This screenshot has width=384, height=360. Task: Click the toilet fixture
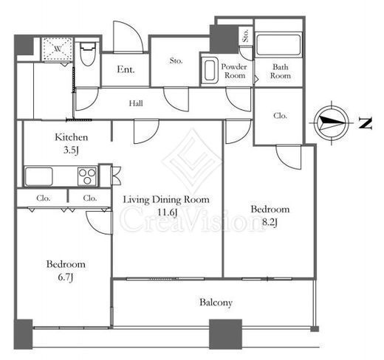click(x=88, y=54)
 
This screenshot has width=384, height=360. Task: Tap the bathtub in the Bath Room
click(x=278, y=45)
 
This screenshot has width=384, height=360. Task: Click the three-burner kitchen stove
click(x=87, y=176)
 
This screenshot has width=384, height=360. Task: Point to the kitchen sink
click(x=38, y=176)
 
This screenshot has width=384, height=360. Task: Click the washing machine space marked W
click(x=58, y=49)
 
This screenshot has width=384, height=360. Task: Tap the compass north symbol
click(x=332, y=122)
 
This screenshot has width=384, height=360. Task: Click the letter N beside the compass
click(x=366, y=123)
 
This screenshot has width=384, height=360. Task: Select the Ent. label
click(x=126, y=69)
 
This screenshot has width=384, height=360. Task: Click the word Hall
click(x=136, y=103)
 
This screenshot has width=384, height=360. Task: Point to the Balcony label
click(x=216, y=302)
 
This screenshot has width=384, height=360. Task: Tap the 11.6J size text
click(x=167, y=212)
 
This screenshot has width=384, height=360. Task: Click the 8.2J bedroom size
click(x=270, y=222)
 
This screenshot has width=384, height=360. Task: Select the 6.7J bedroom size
click(x=66, y=277)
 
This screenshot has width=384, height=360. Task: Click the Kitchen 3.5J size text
click(x=71, y=150)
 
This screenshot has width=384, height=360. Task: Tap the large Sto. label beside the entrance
click(x=176, y=60)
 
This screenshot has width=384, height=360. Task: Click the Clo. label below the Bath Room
click(x=280, y=116)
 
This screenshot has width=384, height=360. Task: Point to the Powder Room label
click(x=234, y=71)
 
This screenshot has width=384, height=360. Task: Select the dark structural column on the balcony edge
click(x=225, y=334)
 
